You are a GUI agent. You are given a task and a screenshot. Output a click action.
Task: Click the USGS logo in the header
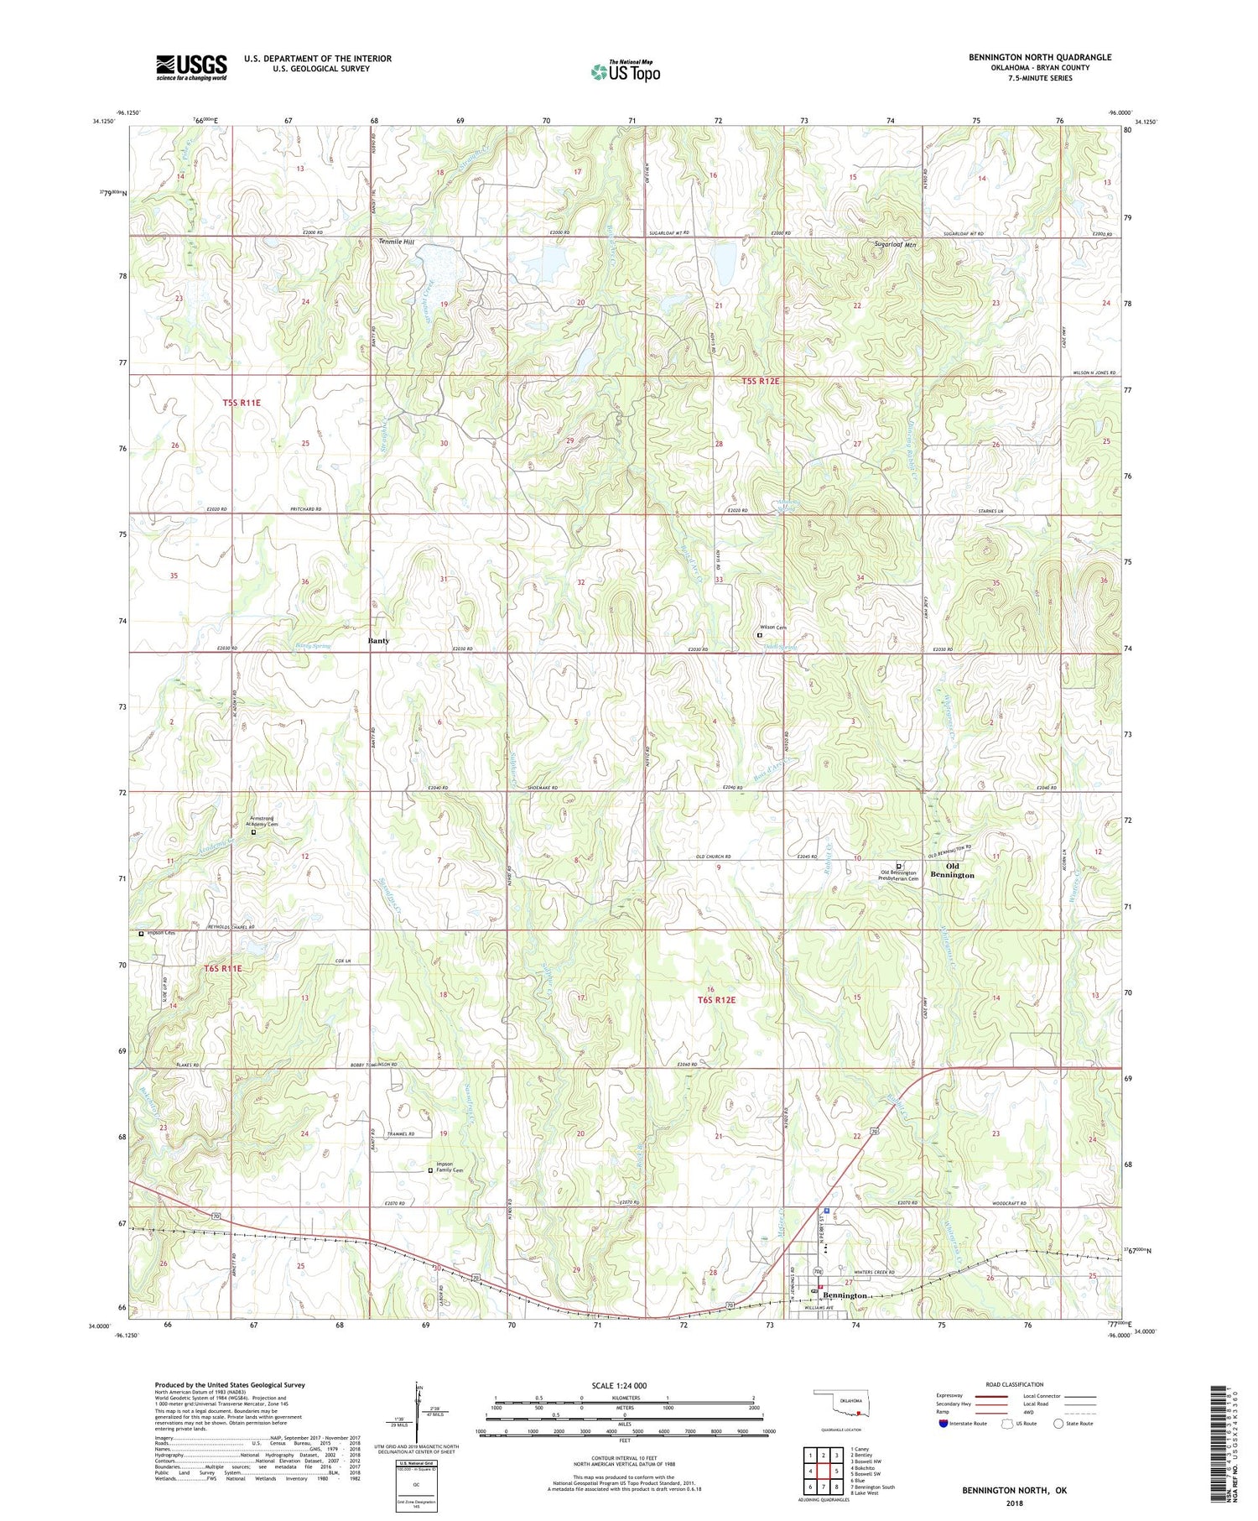click(191, 67)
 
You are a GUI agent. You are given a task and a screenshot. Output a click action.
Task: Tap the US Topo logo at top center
click(625, 72)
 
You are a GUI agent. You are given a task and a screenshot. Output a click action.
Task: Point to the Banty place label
click(379, 640)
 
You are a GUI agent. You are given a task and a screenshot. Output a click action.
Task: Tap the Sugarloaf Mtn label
click(896, 245)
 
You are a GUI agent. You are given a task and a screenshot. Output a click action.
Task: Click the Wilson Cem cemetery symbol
click(760, 635)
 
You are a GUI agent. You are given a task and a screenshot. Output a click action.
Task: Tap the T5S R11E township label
click(242, 403)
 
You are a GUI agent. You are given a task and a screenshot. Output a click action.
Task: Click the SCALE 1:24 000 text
click(619, 1385)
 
